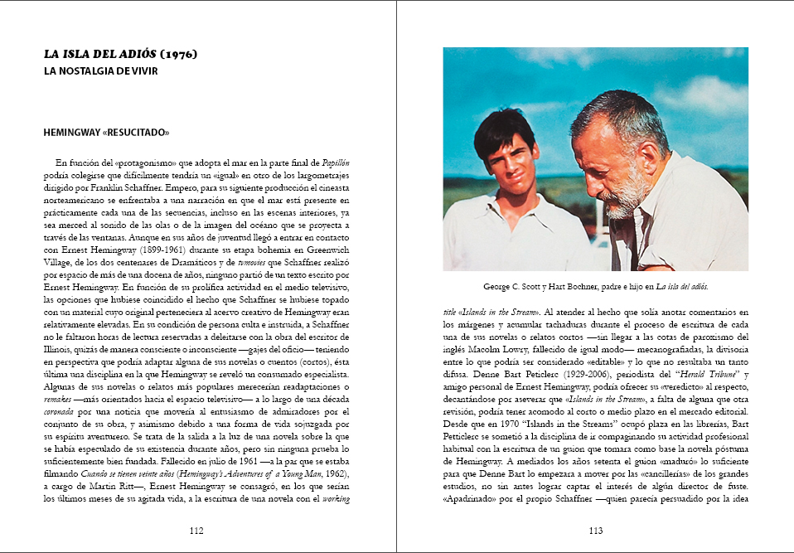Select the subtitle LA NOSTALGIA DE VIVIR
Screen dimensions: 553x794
(x=101, y=71)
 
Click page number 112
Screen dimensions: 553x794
(x=196, y=531)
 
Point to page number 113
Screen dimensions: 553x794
(x=595, y=531)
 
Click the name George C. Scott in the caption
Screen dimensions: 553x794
(x=510, y=286)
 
